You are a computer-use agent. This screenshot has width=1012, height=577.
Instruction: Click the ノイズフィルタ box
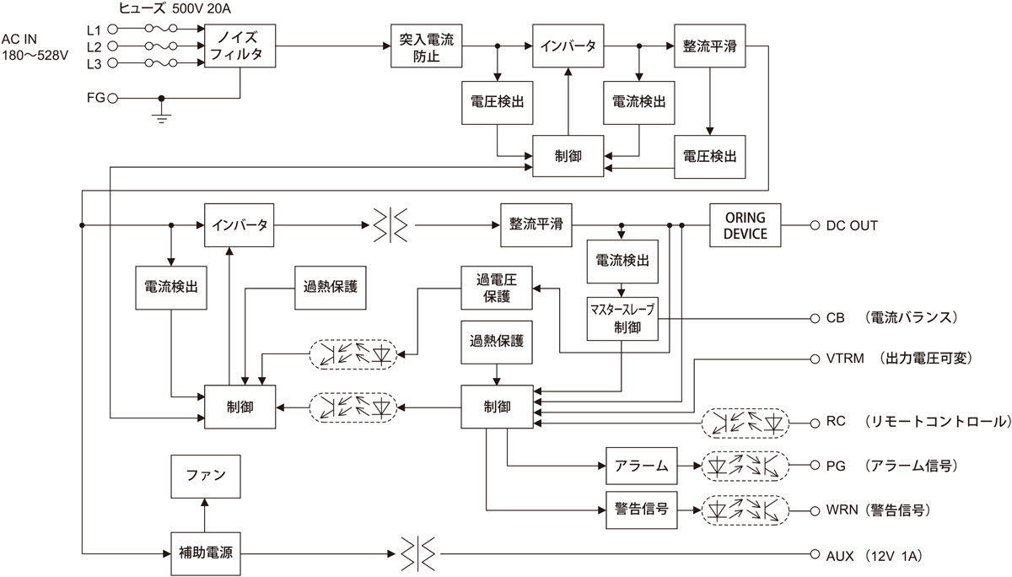[240, 46]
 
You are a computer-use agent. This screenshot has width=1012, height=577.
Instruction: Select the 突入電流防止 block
[426, 46]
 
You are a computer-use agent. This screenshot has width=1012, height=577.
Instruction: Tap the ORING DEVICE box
[745, 225]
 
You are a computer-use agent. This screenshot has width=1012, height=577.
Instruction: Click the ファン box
[206, 477]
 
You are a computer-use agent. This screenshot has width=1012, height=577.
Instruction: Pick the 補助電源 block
[206, 553]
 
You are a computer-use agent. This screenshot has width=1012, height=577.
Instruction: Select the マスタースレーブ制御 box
[622, 319]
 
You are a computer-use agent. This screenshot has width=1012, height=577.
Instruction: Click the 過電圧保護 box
[497, 288]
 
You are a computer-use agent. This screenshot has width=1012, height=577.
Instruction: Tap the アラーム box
[642, 466]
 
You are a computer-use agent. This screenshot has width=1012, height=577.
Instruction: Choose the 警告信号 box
[642, 510]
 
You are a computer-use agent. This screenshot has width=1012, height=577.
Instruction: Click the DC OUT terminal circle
[815, 225]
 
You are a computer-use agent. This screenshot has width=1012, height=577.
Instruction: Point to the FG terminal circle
[112, 98]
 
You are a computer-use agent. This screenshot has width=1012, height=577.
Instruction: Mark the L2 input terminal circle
[112, 46]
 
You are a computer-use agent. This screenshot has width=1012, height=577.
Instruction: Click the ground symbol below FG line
[161, 116]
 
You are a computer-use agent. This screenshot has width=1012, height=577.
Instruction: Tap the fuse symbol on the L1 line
[161, 29]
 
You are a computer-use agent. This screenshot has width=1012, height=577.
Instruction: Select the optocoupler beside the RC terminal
[745, 423]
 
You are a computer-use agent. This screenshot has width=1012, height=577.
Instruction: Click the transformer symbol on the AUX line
[418, 553]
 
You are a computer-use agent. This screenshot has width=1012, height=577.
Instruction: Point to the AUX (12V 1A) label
[874, 556]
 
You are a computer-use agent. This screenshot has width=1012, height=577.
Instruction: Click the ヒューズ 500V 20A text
[175, 8]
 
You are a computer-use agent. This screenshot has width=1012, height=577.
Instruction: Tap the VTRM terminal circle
[815, 359]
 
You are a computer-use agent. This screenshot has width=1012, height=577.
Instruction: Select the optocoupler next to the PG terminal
[745, 466]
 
